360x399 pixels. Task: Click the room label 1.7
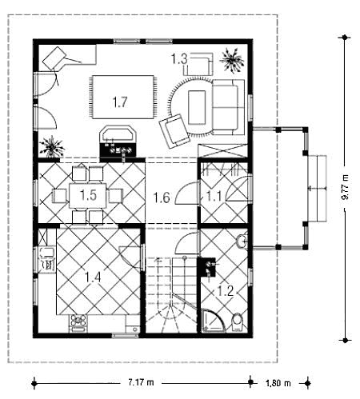(120, 102)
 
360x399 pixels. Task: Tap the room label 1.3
(179, 59)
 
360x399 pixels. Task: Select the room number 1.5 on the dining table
(88, 195)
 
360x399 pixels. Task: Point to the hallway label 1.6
(162, 198)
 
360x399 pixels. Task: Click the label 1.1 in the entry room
(214, 197)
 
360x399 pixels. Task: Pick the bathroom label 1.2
(226, 291)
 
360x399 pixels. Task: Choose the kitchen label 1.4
(93, 277)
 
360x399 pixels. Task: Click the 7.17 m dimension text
(141, 382)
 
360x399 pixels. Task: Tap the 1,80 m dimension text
(278, 383)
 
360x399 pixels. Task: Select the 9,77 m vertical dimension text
(345, 187)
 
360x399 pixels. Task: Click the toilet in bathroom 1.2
(237, 322)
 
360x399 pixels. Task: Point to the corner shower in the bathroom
(213, 321)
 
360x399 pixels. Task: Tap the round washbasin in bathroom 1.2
(242, 241)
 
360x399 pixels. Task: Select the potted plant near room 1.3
(231, 61)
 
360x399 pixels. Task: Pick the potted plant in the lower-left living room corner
(52, 147)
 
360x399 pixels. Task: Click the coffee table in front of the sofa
(197, 107)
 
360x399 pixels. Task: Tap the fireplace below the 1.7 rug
(118, 141)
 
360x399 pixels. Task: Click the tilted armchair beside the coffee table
(174, 131)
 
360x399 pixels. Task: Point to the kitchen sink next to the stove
(133, 328)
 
